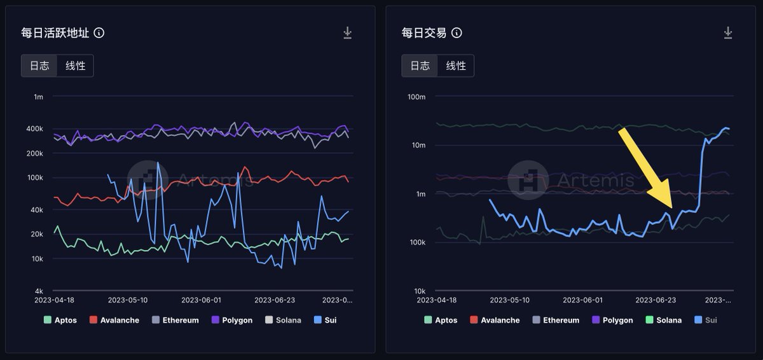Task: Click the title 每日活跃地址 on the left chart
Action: (55, 33)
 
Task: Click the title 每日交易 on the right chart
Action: (423, 33)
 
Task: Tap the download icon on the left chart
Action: (347, 33)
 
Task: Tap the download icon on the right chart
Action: (728, 33)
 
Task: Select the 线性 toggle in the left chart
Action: (75, 66)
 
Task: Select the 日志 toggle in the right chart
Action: (420, 66)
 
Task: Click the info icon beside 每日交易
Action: (457, 33)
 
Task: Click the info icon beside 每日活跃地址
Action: (99, 33)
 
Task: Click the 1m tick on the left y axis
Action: (38, 97)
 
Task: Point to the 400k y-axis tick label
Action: (34, 128)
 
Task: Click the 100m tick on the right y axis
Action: (416, 97)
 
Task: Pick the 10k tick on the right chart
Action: (418, 291)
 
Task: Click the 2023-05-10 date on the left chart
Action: (128, 300)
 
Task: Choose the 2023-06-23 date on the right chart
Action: (655, 300)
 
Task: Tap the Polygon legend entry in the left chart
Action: (233, 320)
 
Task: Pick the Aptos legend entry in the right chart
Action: (441, 320)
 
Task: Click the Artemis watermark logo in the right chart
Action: (528, 180)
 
